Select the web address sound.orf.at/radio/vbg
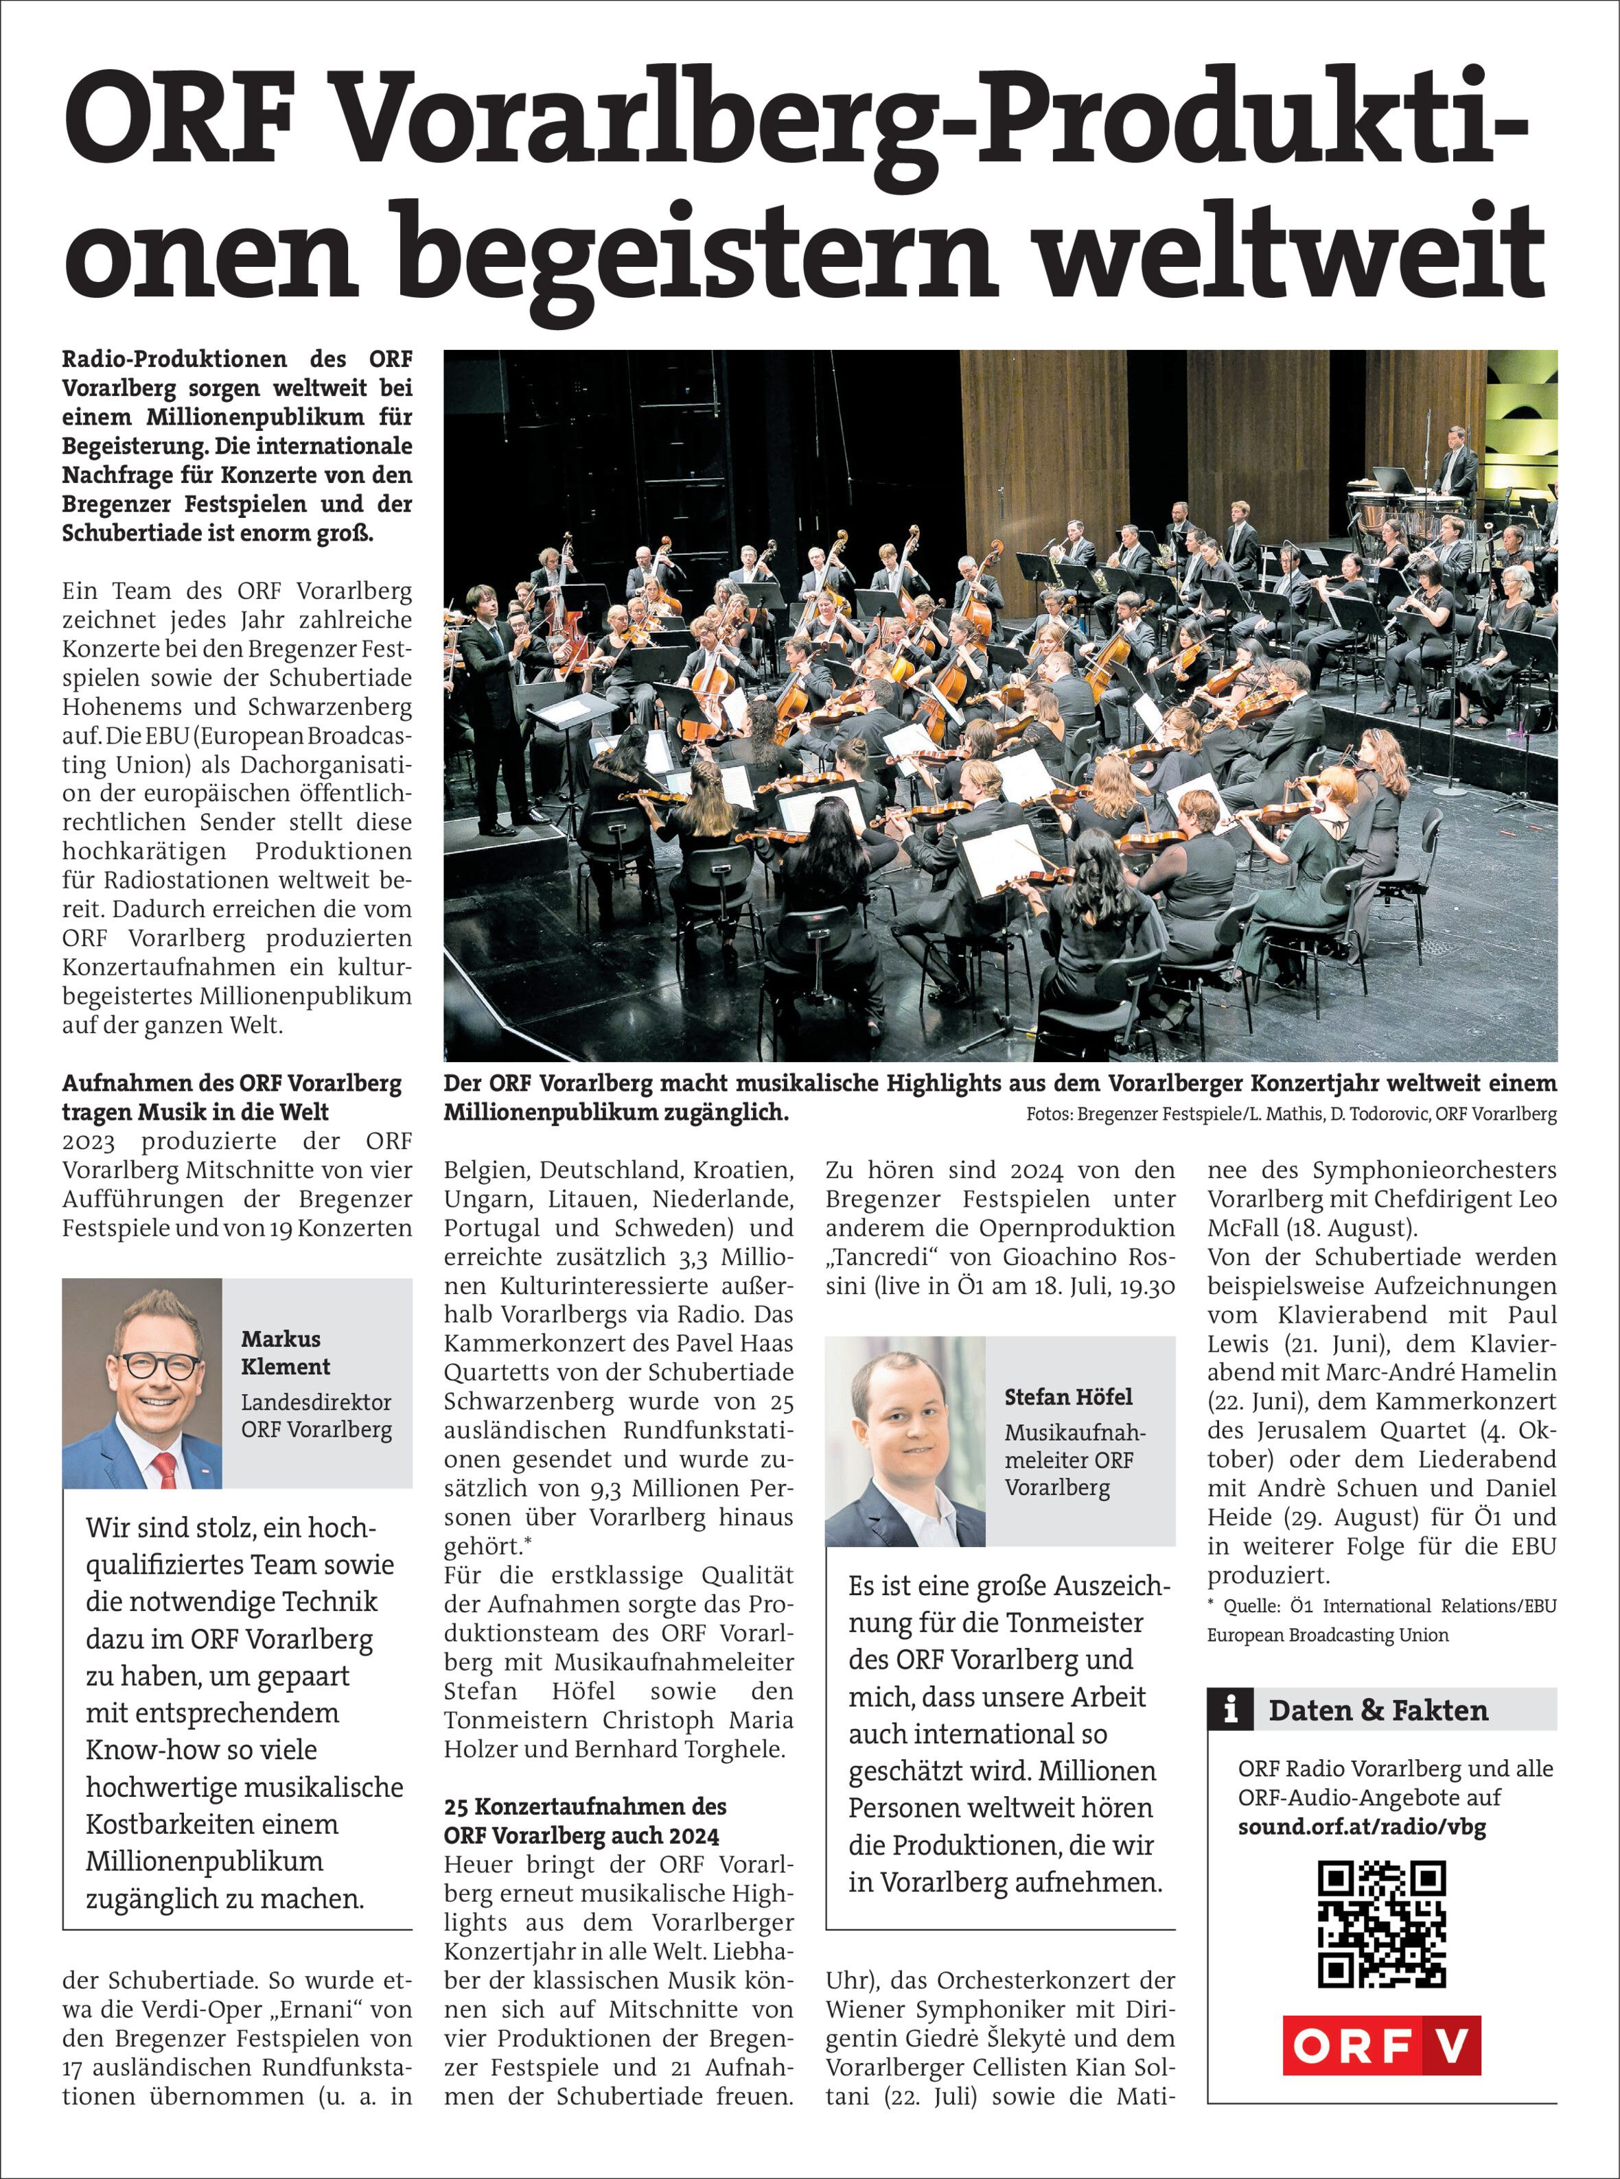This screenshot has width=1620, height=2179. coord(1361,1826)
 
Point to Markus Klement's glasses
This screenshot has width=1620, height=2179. coord(160,1365)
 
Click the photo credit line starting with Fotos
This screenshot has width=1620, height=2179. coord(1291,1114)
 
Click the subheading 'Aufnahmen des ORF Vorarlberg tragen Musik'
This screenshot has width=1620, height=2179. coord(233,1098)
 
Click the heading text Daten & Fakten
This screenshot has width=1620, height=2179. coord(1378,1710)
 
